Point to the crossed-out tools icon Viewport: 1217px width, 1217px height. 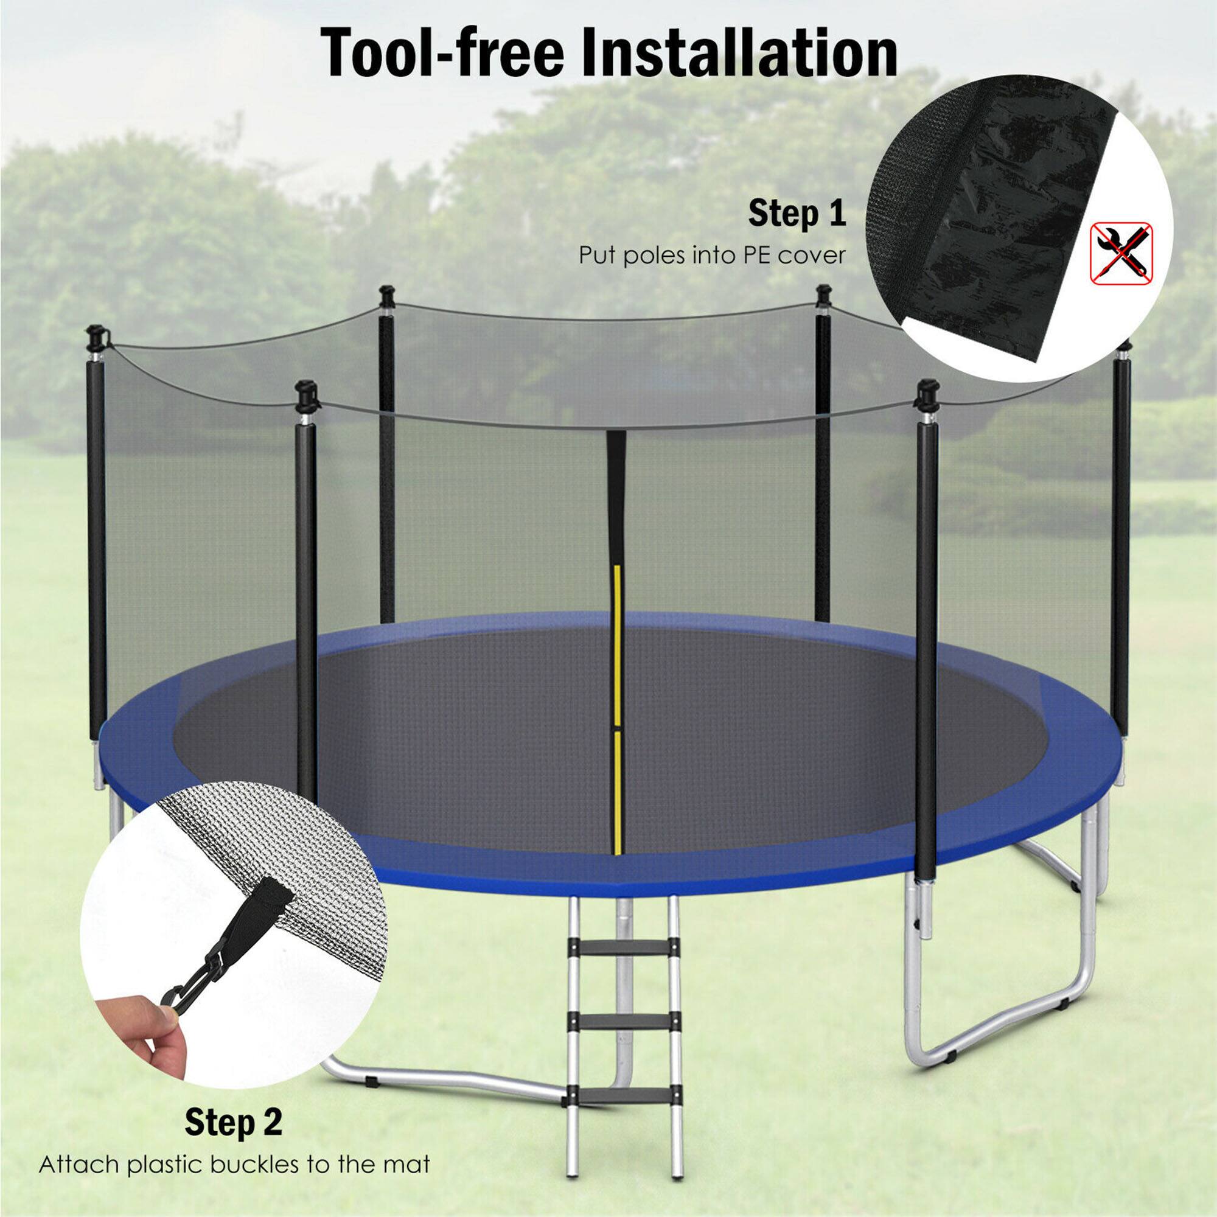pos(1122,251)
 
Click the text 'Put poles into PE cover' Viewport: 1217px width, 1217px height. pos(712,255)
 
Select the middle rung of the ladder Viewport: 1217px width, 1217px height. pos(624,1021)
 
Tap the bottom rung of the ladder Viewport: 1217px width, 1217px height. pos(624,1095)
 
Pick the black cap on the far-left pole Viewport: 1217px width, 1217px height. pos(95,337)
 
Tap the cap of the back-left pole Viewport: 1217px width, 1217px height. pos(387,295)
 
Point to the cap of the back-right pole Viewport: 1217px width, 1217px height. pos(823,294)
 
